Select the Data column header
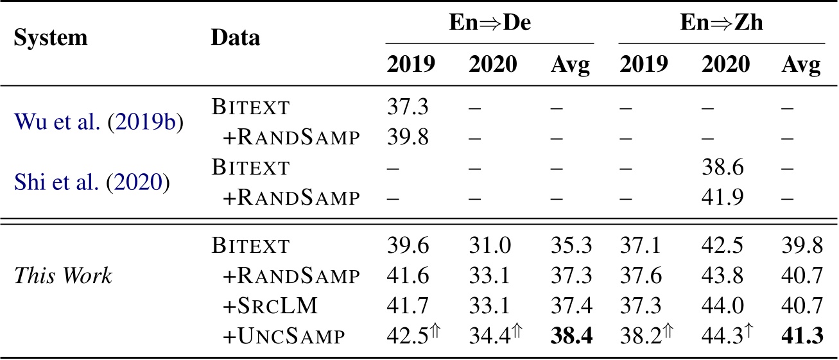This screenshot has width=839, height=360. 236,37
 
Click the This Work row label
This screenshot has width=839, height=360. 62,277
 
